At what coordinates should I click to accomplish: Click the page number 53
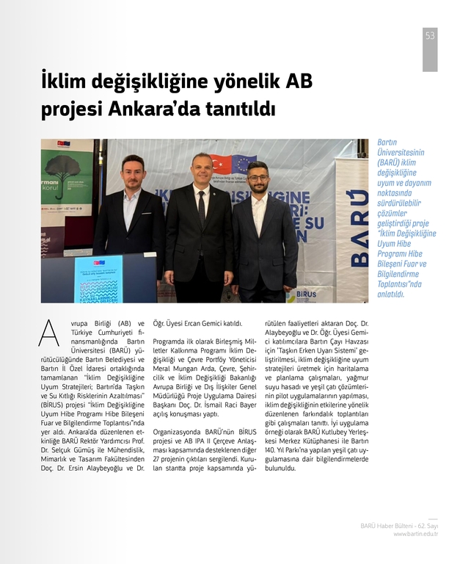(430, 36)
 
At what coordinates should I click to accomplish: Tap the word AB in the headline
(299, 79)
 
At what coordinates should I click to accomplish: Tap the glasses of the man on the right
(257, 178)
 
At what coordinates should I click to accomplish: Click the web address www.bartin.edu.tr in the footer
(415, 534)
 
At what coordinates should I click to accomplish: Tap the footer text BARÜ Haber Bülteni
(385, 526)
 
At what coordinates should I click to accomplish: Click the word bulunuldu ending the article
(285, 467)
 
